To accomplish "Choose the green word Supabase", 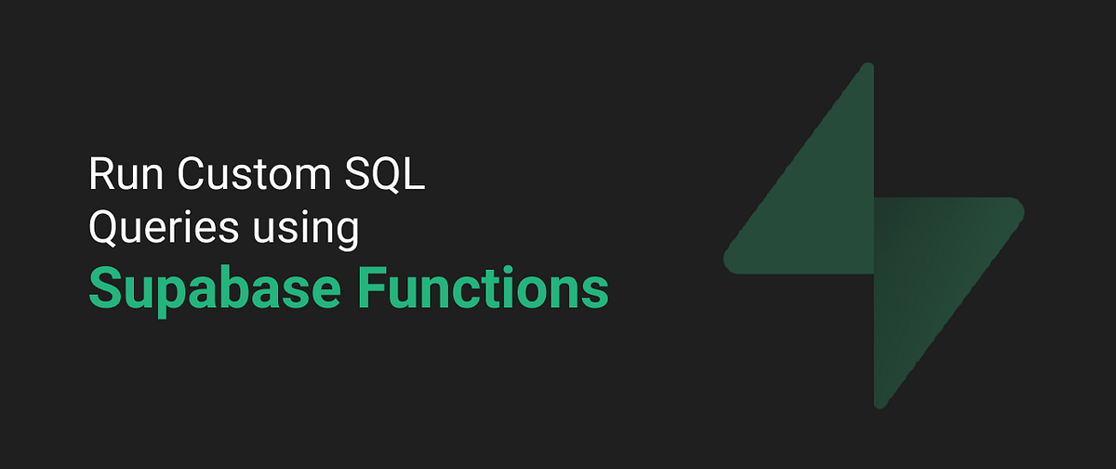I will [x=209, y=288].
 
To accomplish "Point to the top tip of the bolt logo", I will [x=869, y=67].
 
